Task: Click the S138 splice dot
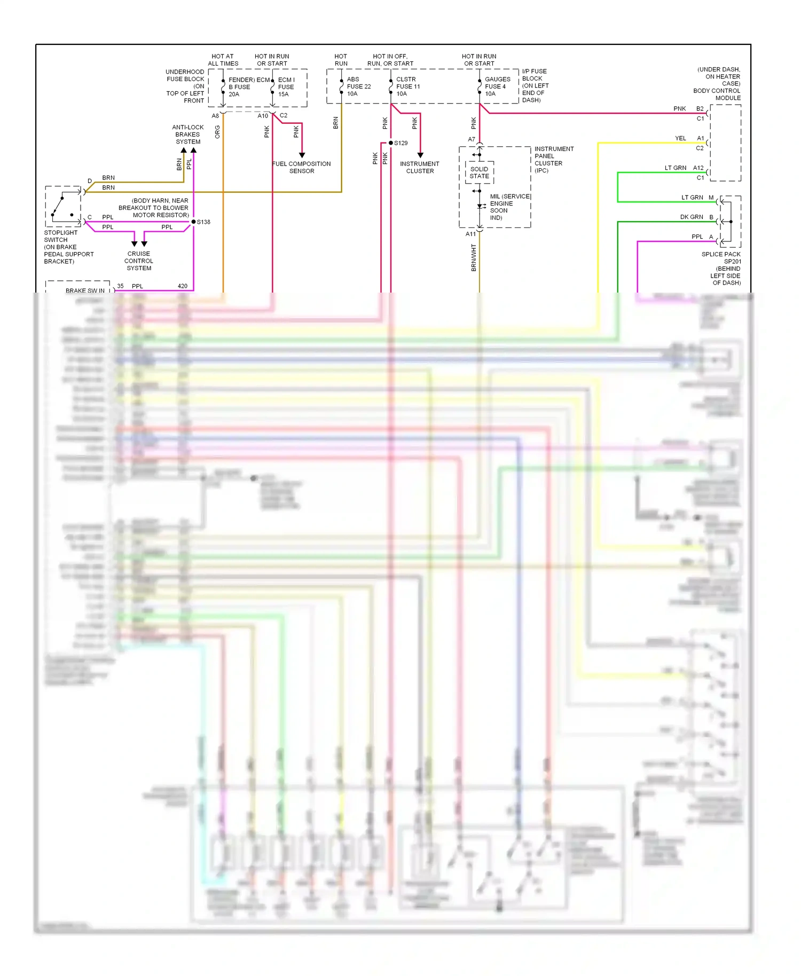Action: coord(193,222)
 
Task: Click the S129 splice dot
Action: coord(390,143)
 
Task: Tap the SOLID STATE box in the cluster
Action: coord(479,172)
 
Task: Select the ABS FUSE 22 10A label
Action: coord(358,86)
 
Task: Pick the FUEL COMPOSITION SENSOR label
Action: coord(302,167)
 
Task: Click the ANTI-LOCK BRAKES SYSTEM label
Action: coord(187,135)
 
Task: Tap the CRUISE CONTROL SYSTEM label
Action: coord(139,261)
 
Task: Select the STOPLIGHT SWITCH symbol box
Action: coord(63,207)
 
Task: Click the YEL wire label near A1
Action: coord(680,138)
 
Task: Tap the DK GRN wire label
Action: coord(692,217)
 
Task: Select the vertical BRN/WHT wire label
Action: coord(474,258)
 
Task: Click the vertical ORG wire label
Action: coord(217,132)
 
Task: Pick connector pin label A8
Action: coord(215,116)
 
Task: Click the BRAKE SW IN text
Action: coord(85,291)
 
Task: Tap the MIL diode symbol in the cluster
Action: coord(480,206)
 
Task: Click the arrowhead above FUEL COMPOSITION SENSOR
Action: coord(302,155)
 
